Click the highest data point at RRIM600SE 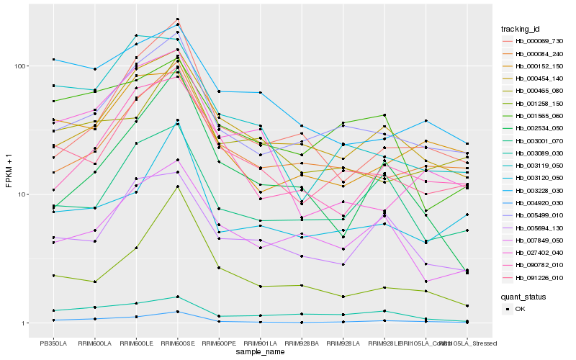[x=178, y=19]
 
